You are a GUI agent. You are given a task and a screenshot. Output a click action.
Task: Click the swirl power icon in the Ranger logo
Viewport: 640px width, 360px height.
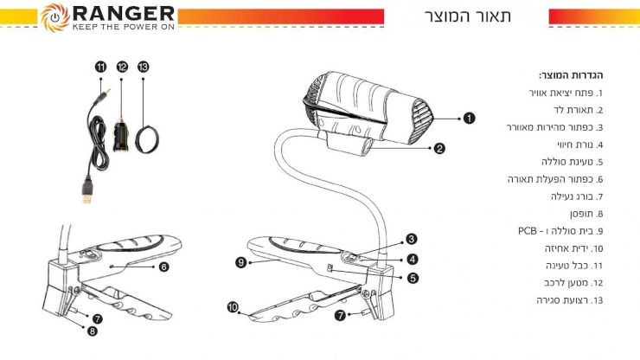[x=54, y=17]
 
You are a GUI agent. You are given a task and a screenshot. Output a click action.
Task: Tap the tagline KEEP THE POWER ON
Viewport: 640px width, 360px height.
[x=124, y=27]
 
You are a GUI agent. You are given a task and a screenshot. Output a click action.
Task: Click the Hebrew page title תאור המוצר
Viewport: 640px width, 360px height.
[x=468, y=16]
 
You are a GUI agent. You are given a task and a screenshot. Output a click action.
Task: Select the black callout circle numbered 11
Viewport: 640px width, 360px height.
[x=100, y=67]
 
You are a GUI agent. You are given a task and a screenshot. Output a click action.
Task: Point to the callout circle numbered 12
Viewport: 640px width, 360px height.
[x=122, y=67]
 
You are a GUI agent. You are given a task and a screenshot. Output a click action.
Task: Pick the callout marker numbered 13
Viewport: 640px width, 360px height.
[x=143, y=67]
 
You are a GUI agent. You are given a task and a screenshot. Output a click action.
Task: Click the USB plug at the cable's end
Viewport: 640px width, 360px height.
[x=87, y=190]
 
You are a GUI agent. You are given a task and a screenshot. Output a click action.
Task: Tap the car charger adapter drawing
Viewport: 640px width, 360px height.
[x=121, y=135]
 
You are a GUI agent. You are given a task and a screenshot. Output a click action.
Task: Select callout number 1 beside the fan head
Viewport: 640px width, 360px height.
[x=469, y=118]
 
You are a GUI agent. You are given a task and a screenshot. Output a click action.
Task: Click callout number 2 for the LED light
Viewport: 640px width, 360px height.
[x=439, y=148]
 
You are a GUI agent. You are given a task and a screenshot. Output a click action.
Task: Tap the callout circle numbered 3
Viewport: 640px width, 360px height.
[x=411, y=239]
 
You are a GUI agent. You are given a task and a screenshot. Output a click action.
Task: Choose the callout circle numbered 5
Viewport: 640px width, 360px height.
[x=413, y=279]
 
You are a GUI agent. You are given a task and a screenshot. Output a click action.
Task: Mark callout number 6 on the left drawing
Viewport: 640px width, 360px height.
[x=163, y=267]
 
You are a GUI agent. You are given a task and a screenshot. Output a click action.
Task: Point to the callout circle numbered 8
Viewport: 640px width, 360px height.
[x=93, y=331]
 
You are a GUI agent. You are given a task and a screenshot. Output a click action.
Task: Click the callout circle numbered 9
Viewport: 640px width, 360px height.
[x=240, y=262]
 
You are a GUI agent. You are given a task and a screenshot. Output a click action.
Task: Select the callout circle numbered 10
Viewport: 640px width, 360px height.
[x=233, y=307]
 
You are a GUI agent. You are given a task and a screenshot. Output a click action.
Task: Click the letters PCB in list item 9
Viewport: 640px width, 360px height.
[x=528, y=231]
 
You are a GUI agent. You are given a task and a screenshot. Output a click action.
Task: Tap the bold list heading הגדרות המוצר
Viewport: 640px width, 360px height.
[x=571, y=75]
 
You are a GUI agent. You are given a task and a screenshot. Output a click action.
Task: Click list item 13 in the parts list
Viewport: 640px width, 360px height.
[x=570, y=300]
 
